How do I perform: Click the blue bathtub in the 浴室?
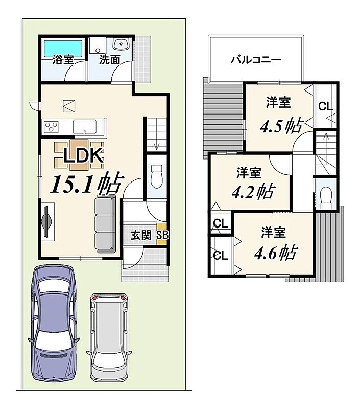(63, 49)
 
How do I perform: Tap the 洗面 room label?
(109, 60)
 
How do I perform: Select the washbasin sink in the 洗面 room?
(122, 43)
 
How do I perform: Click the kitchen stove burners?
(51, 127)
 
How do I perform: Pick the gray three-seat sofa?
(105, 223)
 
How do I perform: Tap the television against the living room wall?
(47, 222)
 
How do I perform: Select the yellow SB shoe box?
(161, 234)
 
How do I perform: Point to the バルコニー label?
(256, 60)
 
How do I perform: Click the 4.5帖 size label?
(282, 126)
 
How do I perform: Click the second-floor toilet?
(326, 198)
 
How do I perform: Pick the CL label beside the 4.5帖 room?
(326, 106)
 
